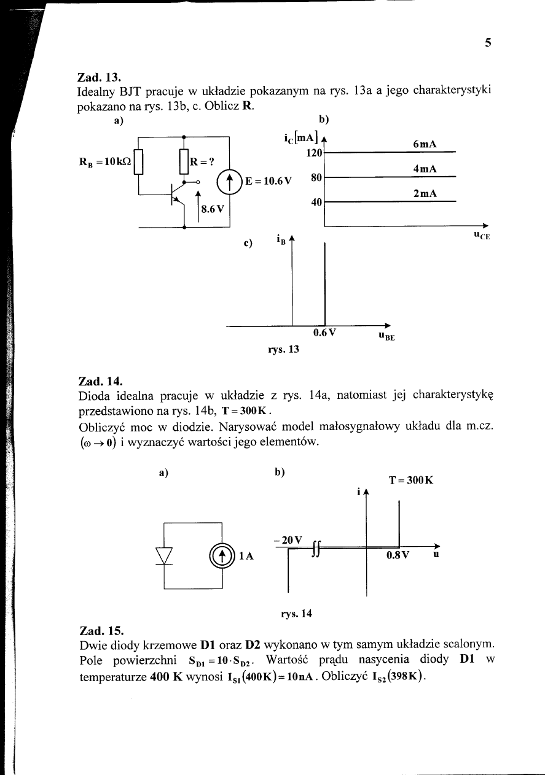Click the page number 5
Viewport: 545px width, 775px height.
(x=488, y=43)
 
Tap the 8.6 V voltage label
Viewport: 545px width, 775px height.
(x=214, y=208)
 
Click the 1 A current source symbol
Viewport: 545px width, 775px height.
(x=221, y=555)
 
